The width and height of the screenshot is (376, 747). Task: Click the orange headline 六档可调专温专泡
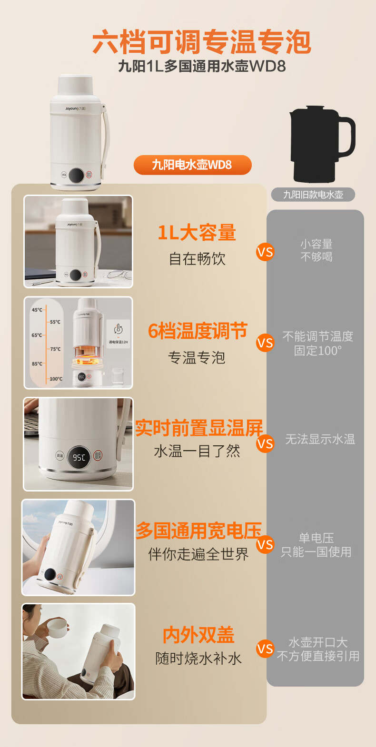pos(201,42)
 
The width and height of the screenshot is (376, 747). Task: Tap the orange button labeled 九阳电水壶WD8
pos(192,165)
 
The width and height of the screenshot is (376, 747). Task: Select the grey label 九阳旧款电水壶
pos(313,195)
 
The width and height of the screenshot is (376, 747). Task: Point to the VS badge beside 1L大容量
pos(265,252)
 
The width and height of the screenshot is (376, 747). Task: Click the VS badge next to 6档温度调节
pos(265,343)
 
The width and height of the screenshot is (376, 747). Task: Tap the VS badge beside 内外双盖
pos(265,649)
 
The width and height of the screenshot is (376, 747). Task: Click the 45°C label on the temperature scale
pos(37,310)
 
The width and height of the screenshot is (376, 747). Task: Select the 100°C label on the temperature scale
pos(56,379)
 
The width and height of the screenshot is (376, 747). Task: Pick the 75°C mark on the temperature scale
pos(55,349)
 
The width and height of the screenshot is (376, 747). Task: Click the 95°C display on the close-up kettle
pos(79,457)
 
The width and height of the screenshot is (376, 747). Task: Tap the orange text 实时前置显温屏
pos(199,428)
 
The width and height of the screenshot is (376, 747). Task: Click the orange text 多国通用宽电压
pos(199,531)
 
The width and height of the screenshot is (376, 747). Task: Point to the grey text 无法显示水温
pos(320,439)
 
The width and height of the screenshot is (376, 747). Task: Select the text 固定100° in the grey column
pos(317,351)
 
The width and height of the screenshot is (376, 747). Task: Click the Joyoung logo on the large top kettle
pos(76,108)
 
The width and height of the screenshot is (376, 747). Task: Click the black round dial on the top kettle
pos(77,175)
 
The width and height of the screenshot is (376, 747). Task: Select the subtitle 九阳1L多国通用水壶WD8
pos(202,66)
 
